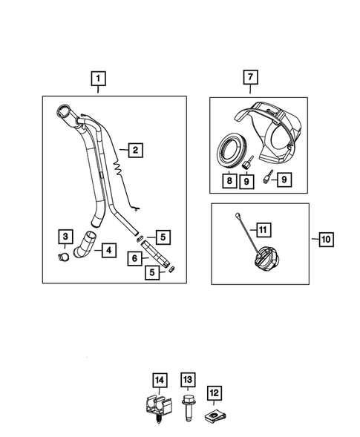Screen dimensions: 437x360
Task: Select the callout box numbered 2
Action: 134,150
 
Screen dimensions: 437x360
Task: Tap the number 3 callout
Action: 65,237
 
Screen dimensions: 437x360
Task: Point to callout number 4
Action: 108,251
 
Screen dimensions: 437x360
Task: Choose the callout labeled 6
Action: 135,258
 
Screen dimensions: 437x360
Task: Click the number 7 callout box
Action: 250,76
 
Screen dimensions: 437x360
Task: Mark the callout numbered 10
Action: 325,239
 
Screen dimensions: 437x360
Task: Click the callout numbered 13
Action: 187,381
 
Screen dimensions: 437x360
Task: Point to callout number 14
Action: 159,381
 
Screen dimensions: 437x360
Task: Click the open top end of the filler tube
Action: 64,114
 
